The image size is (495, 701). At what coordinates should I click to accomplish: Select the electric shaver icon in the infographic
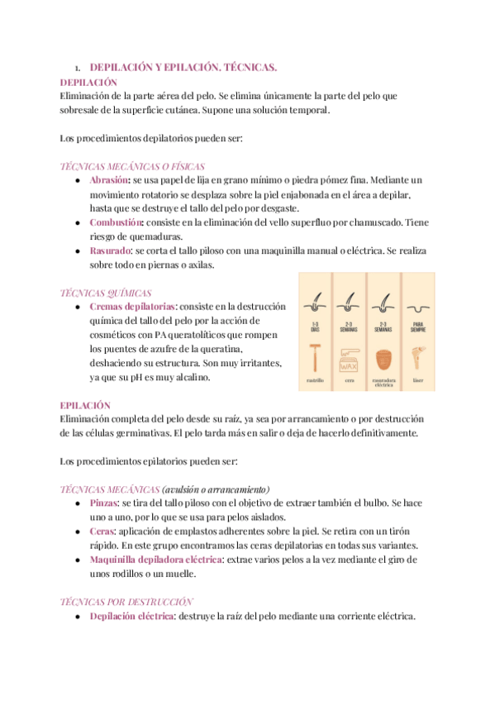[383, 360]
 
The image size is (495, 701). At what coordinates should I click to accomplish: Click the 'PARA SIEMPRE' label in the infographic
[417, 326]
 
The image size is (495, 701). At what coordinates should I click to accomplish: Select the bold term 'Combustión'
[116, 222]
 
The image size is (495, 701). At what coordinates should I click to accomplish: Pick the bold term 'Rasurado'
[111, 250]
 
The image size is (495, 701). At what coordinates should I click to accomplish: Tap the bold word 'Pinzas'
[104, 502]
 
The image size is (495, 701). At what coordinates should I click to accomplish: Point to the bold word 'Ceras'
[102, 531]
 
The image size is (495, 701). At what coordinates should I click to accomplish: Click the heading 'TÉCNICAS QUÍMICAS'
[106, 292]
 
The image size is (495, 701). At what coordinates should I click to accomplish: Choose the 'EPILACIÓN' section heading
[85, 405]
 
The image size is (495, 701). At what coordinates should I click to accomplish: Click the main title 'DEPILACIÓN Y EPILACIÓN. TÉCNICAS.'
[183, 66]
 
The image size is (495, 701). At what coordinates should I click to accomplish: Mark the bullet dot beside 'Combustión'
[77, 222]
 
